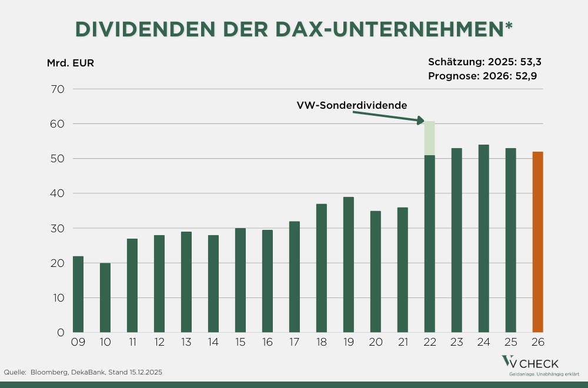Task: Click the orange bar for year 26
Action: point(537,242)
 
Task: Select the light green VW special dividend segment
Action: point(429,138)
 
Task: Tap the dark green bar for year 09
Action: point(78,294)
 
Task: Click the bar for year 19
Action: point(348,265)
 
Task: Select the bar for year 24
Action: point(483,238)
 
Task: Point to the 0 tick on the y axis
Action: point(61,333)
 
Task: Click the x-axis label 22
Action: point(429,342)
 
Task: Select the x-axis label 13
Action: point(186,342)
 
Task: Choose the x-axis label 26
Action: point(537,342)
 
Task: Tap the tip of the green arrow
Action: point(423,122)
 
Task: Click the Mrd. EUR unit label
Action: point(70,63)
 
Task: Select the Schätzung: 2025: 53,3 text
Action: point(484,61)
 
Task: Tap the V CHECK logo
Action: point(529,364)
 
